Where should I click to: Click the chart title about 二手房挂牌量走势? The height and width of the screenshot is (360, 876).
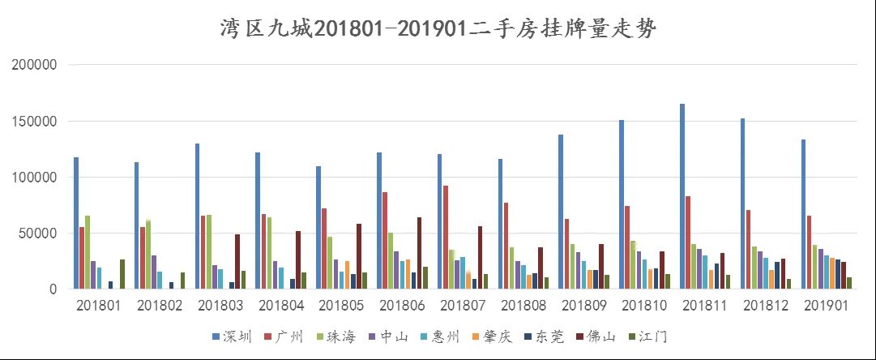[438, 30]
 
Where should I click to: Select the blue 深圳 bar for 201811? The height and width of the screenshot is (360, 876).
[682, 196]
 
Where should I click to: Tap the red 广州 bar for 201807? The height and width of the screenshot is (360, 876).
[446, 237]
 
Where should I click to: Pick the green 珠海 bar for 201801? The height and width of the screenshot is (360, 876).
[88, 252]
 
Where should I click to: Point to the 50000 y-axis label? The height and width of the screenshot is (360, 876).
[38, 234]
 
